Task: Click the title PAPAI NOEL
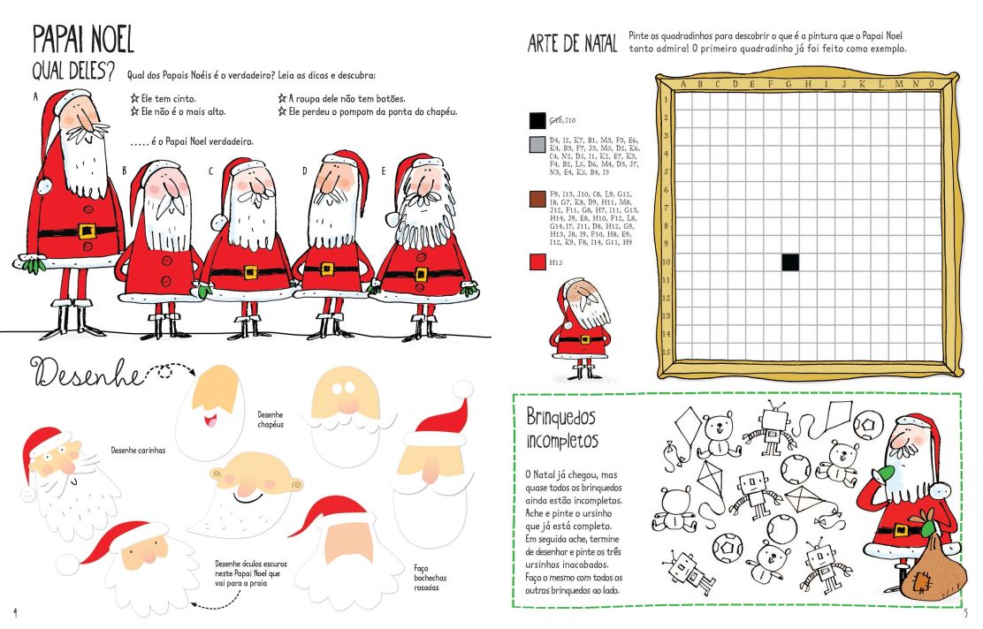click(83, 38)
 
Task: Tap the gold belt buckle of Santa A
click(87, 231)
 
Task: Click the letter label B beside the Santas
click(125, 170)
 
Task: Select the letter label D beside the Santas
click(304, 170)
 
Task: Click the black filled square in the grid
click(790, 262)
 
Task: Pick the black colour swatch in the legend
click(537, 120)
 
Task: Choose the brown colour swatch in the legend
click(537, 198)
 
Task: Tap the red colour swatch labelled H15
click(537, 261)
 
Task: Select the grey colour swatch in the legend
click(537, 145)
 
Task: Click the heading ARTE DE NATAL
click(572, 44)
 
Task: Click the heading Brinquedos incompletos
click(562, 428)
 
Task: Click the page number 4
click(15, 612)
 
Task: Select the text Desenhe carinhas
click(138, 450)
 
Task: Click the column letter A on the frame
click(682, 85)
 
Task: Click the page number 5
click(965, 612)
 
